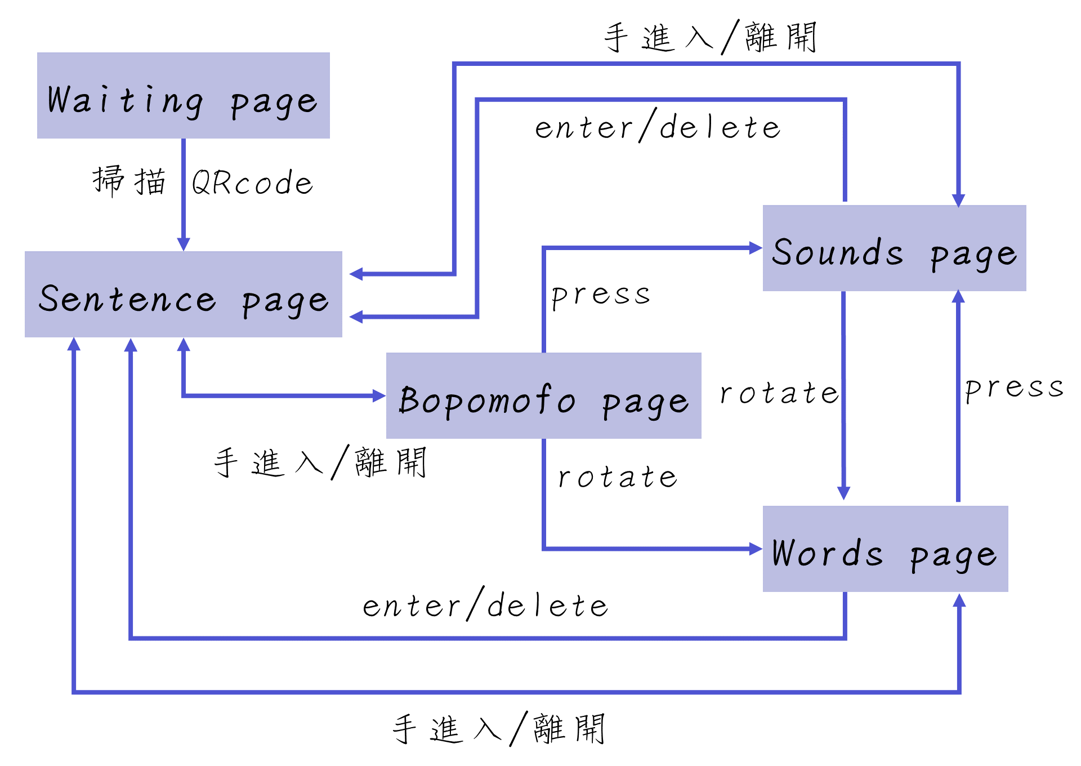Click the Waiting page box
pyautogui.click(x=183, y=96)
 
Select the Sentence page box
pyautogui.click(x=183, y=294)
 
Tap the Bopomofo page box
pyautogui.click(x=543, y=395)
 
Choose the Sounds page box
pyautogui.click(x=894, y=248)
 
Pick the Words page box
pyautogui.click(x=885, y=549)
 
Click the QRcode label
pyautogui.click(x=252, y=182)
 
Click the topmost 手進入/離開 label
pyautogui.click(x=711, y=38)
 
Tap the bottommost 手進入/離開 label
pyautogui.click(x=499, y=729)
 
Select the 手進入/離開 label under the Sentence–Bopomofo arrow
pyautogui.click(x=320, y=462)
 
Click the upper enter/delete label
pyautogui.click(x=658, y=126)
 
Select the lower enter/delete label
pyautogui.click(x=485, y=605)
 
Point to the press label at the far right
pyautogui.click(x=1014, y=389)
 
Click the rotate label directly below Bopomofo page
pyautogui.click(x=618, y=478)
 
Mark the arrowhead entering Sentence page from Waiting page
pyautogui.click(x=184, y=244)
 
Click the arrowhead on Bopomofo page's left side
pyautogui.click(x=379, y=396)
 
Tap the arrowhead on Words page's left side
pyautogui.click(x=756, y=549)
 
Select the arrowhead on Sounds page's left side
pyautogui.click(x=756, y=248)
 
